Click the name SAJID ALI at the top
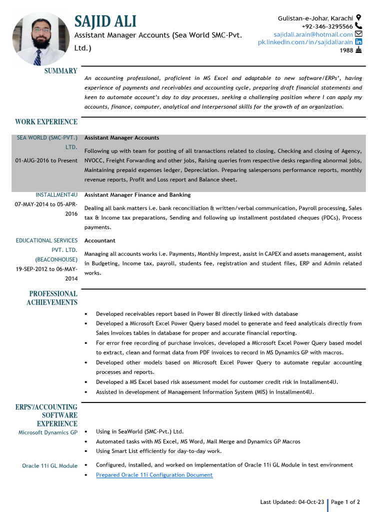click(x=105, y=21)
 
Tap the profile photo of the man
click(x=41, y=39)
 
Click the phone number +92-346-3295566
click(x=327, y=26)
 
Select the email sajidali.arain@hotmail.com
click(x=313, y=34)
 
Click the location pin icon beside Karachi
click(x=358, y=18)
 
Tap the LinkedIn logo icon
click(x=358, y=42)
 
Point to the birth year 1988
click(x=346, y=50)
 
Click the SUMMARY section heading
click(x=60, y=71)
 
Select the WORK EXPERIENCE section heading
click(x=46, y=122)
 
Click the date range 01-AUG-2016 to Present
click(x=46, y=160)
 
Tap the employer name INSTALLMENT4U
click(x=56, y=194)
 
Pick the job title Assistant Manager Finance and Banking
click(x=137, y=195)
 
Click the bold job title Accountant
click(x=99, y=240)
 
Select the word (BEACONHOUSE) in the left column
click(x=56, y=259)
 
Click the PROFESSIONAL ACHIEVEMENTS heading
click(x=53, y=298)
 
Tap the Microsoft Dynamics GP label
click(x=48, y=432)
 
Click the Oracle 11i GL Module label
click(x=49, y=465)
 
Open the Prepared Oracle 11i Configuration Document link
click(x=154, y=475)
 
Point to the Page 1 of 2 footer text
click(x=345, y=502)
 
